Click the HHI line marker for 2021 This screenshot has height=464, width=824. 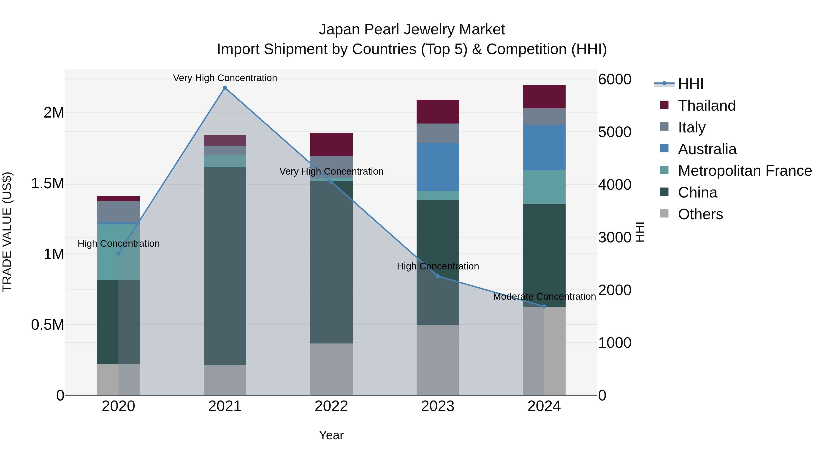(x=225, y=88)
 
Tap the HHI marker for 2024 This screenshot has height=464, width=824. (x=544, y=306)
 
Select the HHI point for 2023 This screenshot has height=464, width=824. (x=438, y=276)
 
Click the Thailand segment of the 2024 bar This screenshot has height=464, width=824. (x=544, y=97)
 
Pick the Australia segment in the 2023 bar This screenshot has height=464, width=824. (x=438, y=167)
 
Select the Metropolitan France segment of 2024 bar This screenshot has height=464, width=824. (x=544, y=187)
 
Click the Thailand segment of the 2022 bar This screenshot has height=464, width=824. (x=331, y=145)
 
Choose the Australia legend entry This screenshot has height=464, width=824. (x=707, y=149)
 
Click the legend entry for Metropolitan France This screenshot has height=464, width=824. (x=745, y=171)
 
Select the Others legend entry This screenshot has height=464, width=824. (x=700, y=214)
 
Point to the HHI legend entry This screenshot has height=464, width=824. (x=690, y=84)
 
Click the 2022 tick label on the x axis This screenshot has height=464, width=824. (x=331, y=406)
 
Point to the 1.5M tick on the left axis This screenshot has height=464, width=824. (x=48, y=184)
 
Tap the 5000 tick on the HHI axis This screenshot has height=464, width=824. (x=615, y=132)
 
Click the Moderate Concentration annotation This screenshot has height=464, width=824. (x=544, y=297)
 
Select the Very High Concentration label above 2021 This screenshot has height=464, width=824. (x=225, y=78)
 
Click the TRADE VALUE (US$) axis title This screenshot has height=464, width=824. (x=7, y=232)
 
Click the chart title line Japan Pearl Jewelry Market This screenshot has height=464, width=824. (x=412, y=30)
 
